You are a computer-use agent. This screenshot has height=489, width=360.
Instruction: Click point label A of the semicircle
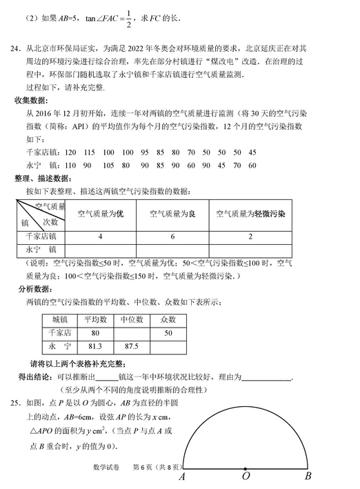tap(181, 477)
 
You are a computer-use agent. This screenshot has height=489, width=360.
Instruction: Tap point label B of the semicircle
tap(308, 476)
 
